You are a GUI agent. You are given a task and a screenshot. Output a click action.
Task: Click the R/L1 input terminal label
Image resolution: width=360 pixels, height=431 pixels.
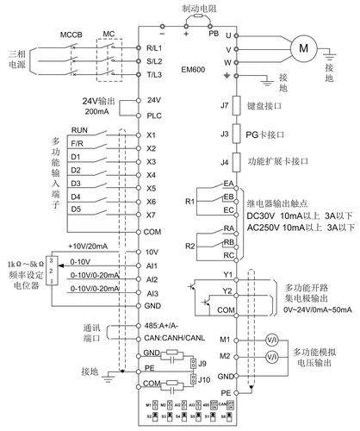click(154, 49)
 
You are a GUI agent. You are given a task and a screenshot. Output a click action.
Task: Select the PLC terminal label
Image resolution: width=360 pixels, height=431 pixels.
click(153, 115)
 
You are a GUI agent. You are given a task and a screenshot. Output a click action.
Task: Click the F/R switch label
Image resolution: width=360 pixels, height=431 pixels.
click(77, 144)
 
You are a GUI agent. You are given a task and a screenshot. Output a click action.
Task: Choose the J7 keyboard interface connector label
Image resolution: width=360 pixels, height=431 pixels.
click(225, 106)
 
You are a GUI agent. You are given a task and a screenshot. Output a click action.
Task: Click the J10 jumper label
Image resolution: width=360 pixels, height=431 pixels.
click(203, 378)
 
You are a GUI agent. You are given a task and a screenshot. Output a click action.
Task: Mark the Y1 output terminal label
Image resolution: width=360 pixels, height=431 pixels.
click(229, 276)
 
